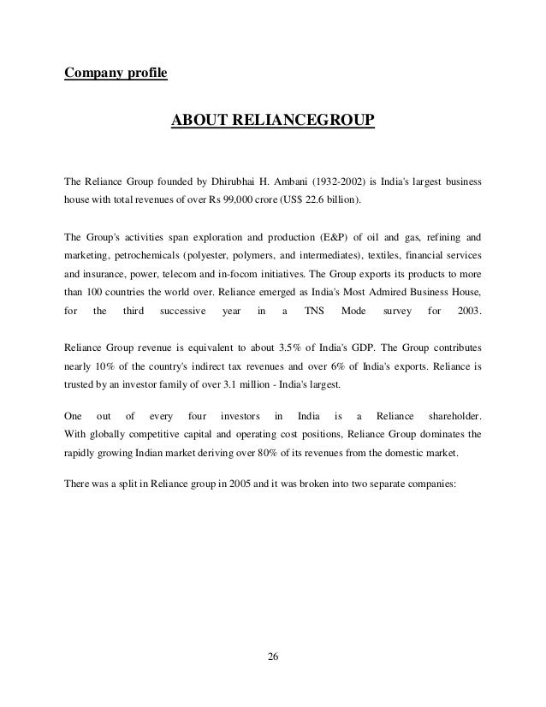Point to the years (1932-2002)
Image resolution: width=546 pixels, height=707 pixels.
click(322, 182)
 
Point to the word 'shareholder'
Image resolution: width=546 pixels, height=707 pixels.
click(450, 414)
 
